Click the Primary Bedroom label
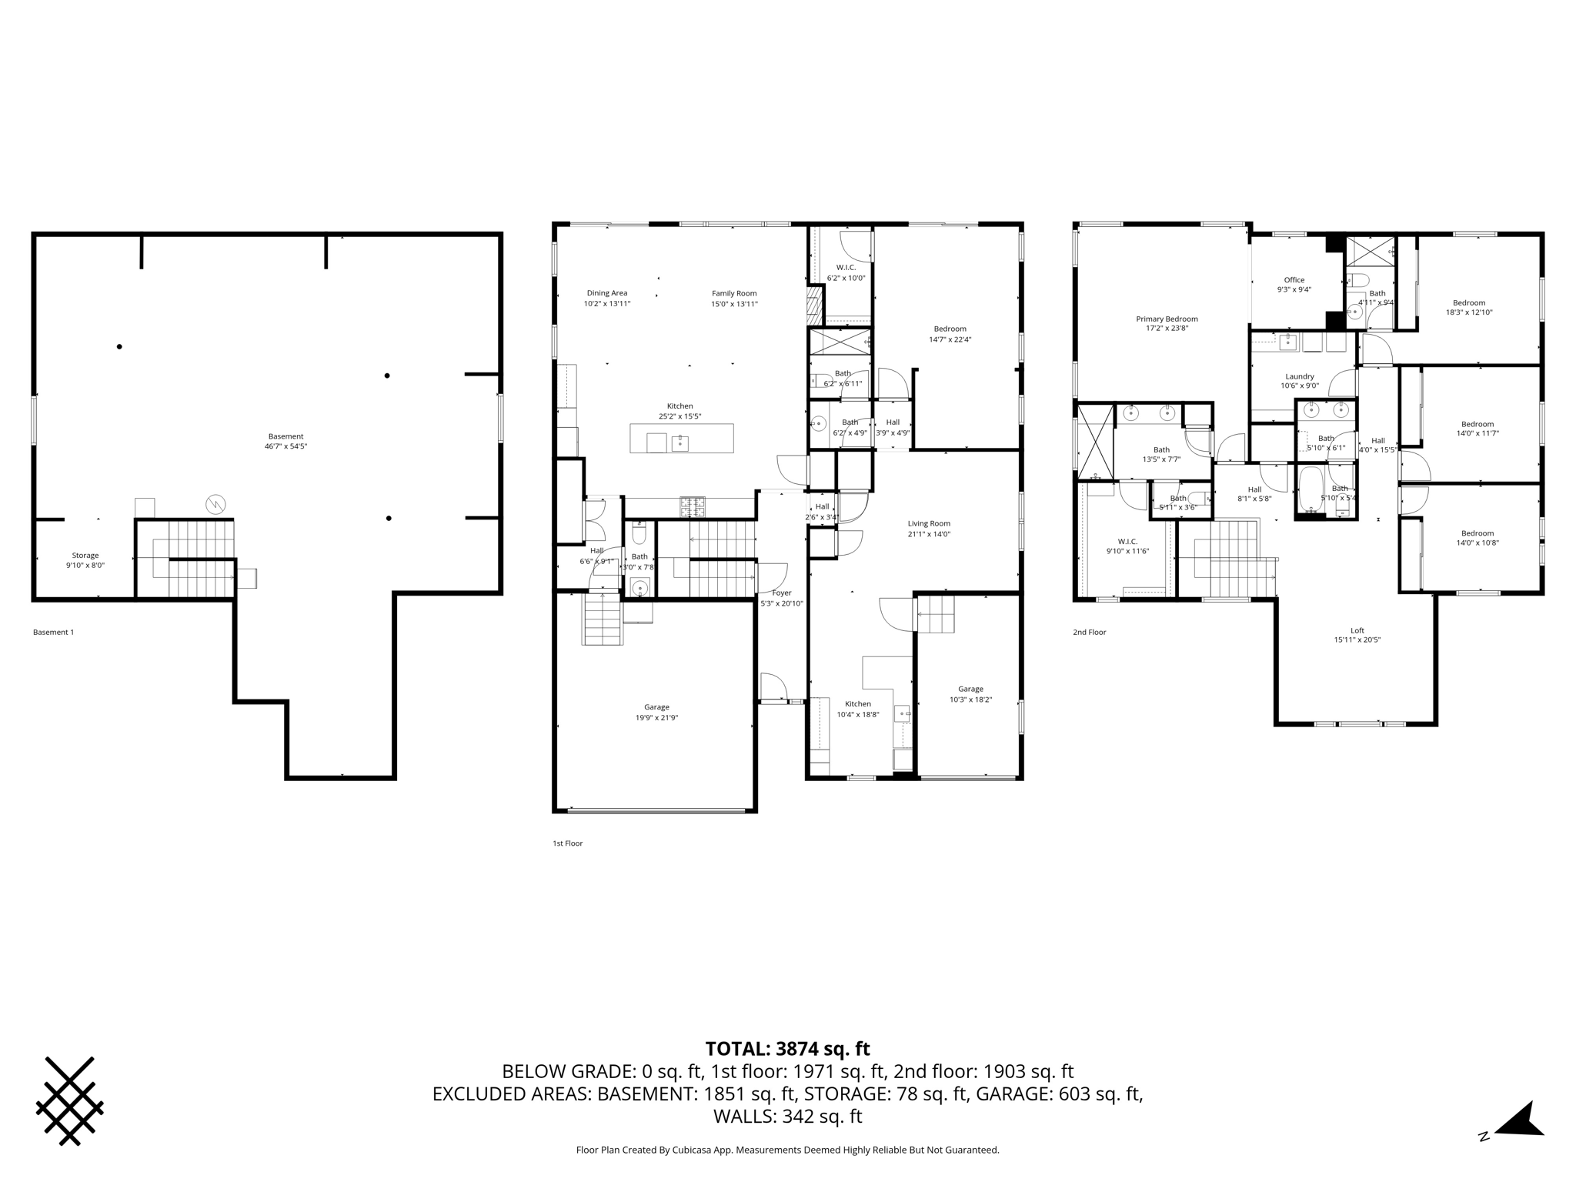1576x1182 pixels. (x=1167, y=319)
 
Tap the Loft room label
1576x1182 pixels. (x=1357, y=630)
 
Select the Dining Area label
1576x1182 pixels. (x=607, y=293)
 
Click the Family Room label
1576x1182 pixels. (x=734, y=293)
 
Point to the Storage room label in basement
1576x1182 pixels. (x=85, y=555)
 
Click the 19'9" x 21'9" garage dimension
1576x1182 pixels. (x=656, y=718)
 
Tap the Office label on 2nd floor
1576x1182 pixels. (x=1294, y=280)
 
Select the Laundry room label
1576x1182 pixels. (x=1300, y=376)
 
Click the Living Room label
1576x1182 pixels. (x=929, y=523)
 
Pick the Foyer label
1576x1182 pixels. (x=781, y=593)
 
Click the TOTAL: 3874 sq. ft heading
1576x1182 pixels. (x=787, y=1049)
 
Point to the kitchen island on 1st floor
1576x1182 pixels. (x=681, y=439)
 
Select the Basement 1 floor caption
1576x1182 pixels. (x=54, y=633)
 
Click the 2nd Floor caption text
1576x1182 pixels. (x=1090, y=633)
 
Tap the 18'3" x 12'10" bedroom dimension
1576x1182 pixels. (x=1469, y=312)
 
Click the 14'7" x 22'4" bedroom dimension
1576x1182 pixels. (x=950, y=339)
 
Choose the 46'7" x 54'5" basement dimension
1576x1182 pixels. (x=285, y=446)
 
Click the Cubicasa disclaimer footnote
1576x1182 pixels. (x=787, y=1150)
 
